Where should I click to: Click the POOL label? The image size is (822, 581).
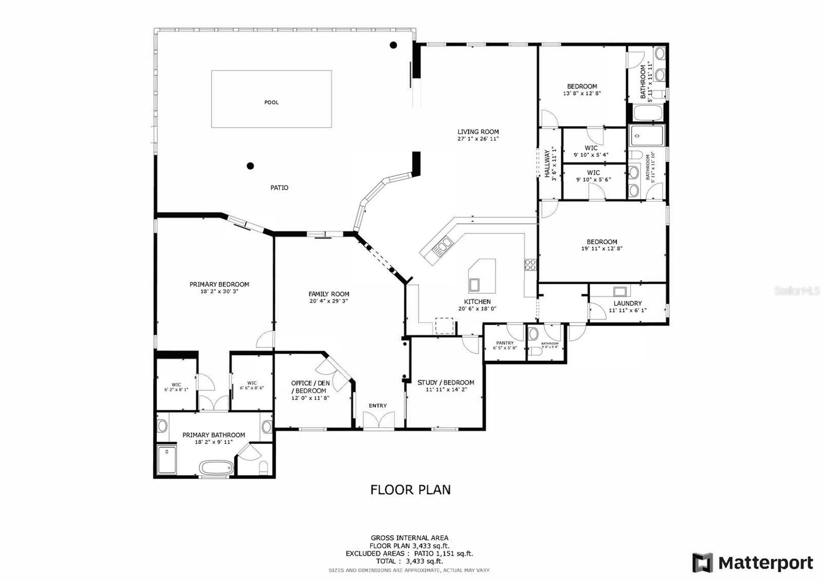tap(271, 102)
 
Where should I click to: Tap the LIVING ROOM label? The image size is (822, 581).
tap(478, 132)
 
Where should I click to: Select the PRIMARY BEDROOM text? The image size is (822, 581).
tap(219, 284)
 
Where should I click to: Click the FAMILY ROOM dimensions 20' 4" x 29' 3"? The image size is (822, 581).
tap(329, 301)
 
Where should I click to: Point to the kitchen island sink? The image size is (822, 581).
tap(474, 284)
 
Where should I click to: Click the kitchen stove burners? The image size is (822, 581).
tap(530, 265)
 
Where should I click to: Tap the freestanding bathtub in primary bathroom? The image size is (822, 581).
tap(216, 468)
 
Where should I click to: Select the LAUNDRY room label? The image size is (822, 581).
tap(627, 303)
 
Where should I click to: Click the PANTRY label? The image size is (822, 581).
tap(505, 343)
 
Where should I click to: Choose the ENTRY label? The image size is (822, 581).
tap(378, 406)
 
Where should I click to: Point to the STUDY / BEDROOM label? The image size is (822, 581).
tap(445, 383)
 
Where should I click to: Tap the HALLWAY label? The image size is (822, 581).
tap(548, 164)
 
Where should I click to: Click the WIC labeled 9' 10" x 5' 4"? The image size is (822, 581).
tap(591, 151)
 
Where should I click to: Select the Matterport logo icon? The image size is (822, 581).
tap(702, 562)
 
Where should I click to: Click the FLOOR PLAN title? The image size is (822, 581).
tap(410, 489)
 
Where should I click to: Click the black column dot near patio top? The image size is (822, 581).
tap(393, 45)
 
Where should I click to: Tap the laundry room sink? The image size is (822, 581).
tap(620, 292)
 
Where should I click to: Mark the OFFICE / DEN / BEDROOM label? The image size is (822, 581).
tap(310, 387)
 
